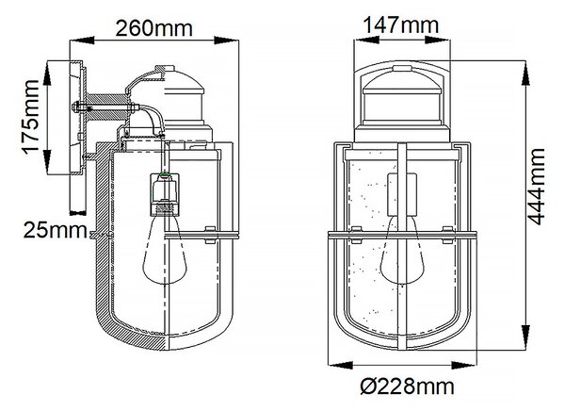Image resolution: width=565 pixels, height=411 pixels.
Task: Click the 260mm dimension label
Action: coord(153,28)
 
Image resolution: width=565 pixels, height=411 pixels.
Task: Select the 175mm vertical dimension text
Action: coord(31,117)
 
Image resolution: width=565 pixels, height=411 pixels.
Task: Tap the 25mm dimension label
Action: coord(56,230)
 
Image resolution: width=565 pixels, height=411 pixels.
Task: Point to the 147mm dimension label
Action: coord(401,25)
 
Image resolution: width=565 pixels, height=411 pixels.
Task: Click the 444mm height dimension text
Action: coord(536,187)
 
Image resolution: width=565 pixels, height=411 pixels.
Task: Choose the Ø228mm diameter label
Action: coord(407,386)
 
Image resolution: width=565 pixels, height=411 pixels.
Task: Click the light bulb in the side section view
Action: coord(164,248)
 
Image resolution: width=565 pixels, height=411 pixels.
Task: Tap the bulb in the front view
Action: coord(402,250)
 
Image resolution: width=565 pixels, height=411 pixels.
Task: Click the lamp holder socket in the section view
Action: coord(164,194)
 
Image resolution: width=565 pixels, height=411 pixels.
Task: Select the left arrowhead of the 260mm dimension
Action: coord(81,40)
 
